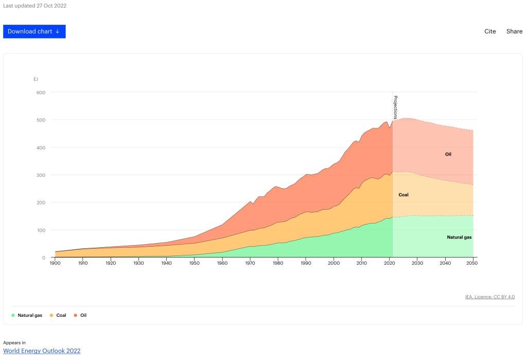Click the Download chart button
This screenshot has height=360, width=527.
[34, 31]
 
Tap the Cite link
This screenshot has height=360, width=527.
[490, 31]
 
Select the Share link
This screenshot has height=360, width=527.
[514, 31]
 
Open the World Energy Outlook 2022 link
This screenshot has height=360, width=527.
[42, 351]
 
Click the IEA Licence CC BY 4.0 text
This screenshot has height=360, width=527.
[489, 297]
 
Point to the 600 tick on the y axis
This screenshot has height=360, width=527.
[41, 93]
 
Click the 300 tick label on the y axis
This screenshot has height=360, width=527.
[41, 175]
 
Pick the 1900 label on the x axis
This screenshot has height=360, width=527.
[55, 263]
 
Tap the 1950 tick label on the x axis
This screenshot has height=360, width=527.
[194, 263]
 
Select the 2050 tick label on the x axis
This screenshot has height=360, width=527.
[473, 263]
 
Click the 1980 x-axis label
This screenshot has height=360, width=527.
[277, 263]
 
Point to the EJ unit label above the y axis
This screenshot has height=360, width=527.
[36, 79]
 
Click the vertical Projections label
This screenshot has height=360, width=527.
[395, 107]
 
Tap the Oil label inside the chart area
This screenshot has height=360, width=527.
[448, 154]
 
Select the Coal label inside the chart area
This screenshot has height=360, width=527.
[403, 195]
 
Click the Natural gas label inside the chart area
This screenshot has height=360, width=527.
[459, 237]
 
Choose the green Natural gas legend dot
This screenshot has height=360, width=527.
[13, 315]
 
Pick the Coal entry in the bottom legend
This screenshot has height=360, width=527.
[61, 315]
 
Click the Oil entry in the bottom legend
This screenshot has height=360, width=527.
[83, 315]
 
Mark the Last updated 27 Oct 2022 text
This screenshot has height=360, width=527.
[34, 6]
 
